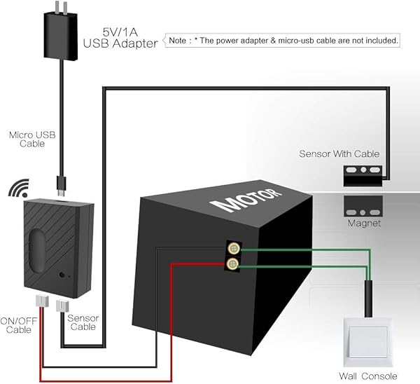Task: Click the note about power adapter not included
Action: tap(283, 41)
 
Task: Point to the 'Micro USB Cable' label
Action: tap(27, 138)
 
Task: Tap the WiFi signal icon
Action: tap(18, 189)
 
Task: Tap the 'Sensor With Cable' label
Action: tap(339, 153)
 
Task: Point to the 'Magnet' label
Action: tap(364, 224)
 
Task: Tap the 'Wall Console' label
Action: tap(368, 376)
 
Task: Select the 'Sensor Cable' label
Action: tap(83, 322)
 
